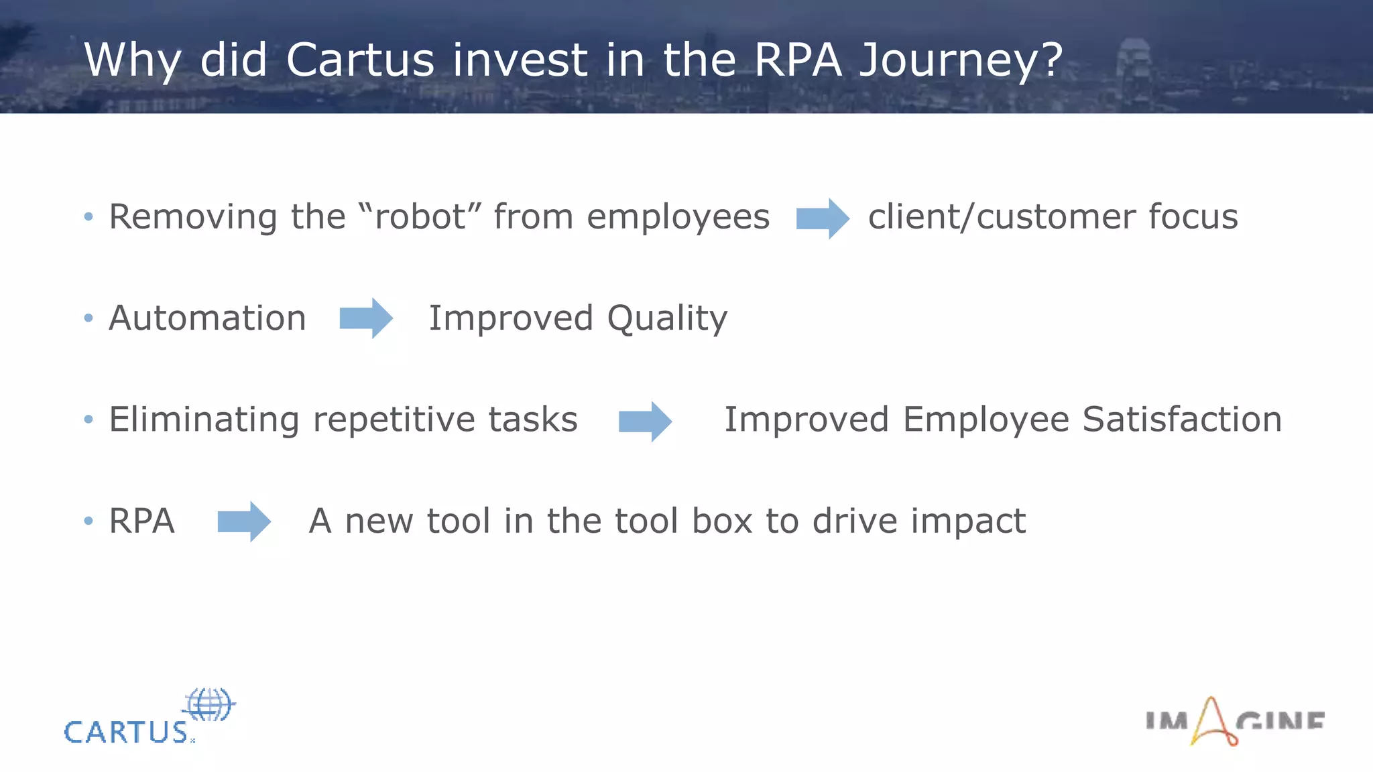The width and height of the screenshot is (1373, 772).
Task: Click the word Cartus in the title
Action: tap(360, 60)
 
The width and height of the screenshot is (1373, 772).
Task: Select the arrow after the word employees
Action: tap(823, 218)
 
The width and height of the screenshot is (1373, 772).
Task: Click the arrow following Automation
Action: tap(366, 318)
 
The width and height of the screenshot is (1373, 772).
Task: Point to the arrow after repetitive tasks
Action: tap(645, 422)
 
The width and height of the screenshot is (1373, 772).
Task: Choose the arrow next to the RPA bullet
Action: tap(244, 521)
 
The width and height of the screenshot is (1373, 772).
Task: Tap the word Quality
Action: tap(667, 319)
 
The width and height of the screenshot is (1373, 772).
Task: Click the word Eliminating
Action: tap(204, 420)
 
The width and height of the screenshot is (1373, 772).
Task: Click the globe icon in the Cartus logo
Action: tap(209, 704)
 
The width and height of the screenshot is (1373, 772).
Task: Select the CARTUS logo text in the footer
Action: tap(126, 732)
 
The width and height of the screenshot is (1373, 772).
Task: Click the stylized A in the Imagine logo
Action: tap(1212, 722)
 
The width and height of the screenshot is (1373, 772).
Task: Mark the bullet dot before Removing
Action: tap(88, 216)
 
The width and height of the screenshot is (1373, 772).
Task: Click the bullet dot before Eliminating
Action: tap(88, 420)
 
